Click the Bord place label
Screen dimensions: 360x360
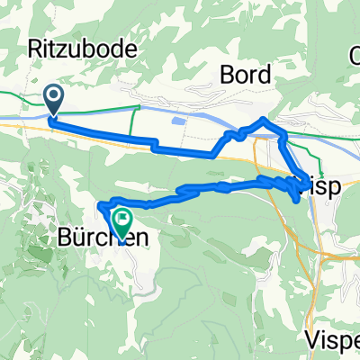pyautogui.click(x=246, y=76)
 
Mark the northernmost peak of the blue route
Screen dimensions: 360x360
pyautogui.click(x=263, y=119)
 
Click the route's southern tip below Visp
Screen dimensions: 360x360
pyautogui.click(x=296, y=202)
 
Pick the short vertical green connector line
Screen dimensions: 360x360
pyautogui.click(x=134, y=118)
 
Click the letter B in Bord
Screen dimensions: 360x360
pyautogui.click(x=227, y=76)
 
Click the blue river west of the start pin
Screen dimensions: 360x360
pyautogui.click(x=18, y=115)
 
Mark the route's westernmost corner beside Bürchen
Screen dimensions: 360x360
pyautogui.click(x=98, y=206)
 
